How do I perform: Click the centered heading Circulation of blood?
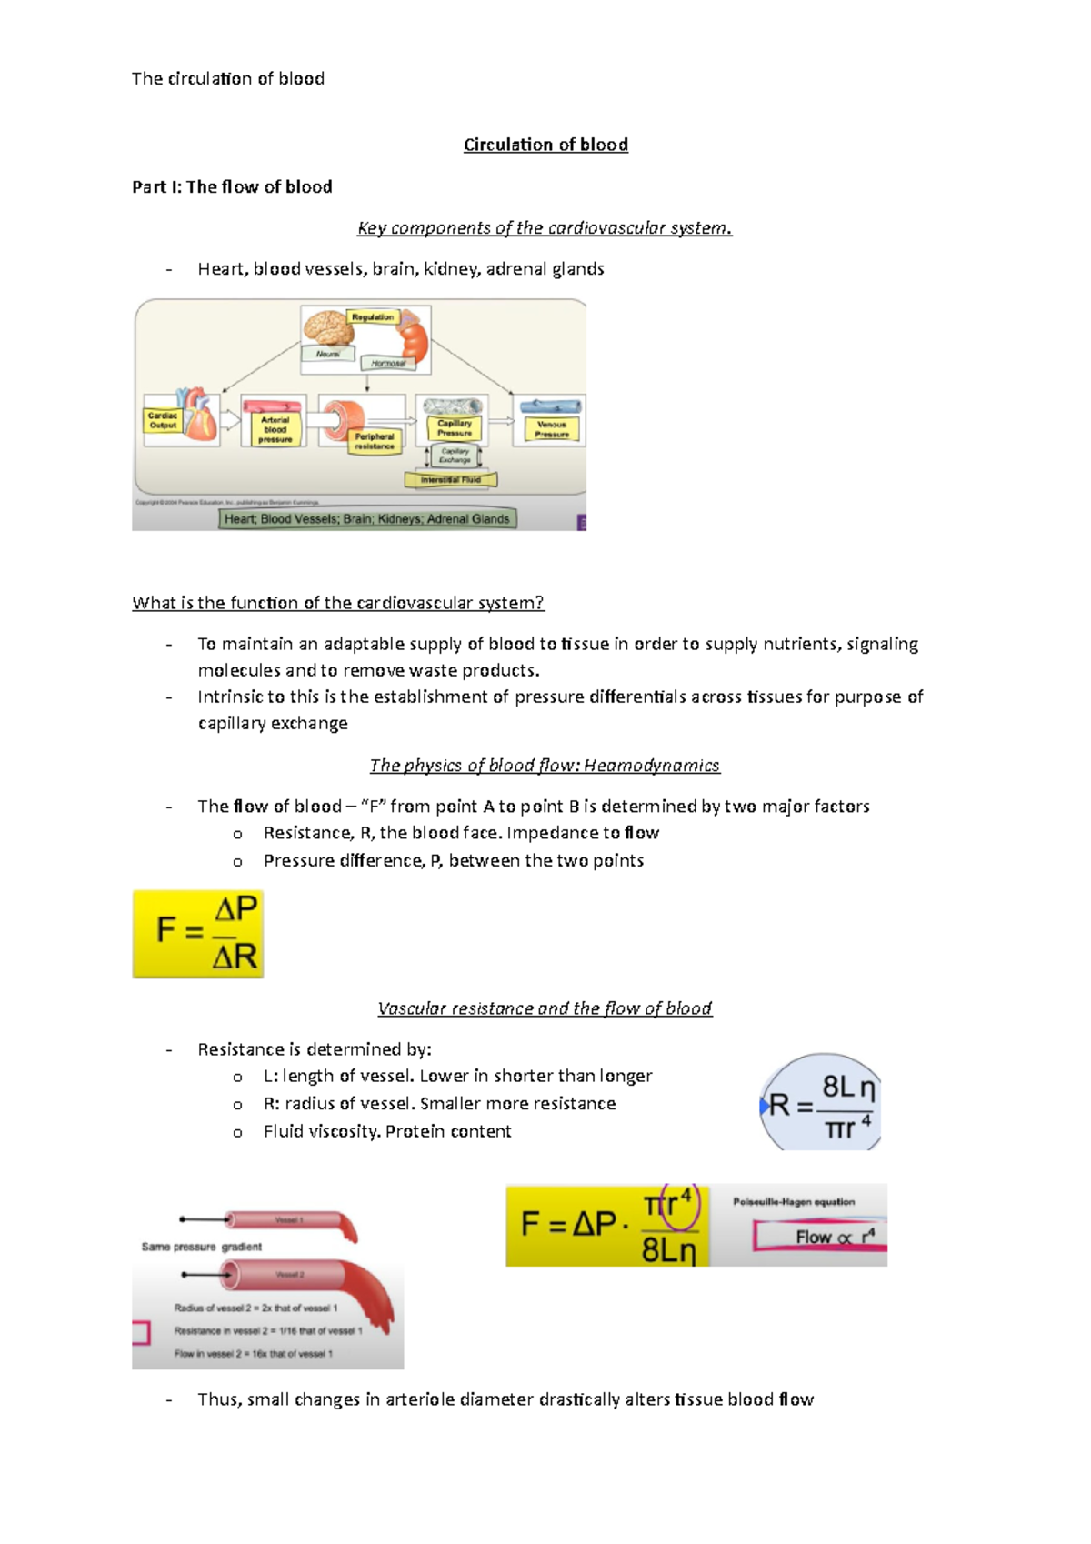point(545,145)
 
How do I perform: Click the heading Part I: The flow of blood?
point(232,186)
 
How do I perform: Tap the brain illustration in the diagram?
point(328,328)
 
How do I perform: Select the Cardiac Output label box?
point(163,420)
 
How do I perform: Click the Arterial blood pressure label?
point(275,429)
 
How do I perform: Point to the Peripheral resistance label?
point(375,441)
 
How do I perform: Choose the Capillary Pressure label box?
point(455,427)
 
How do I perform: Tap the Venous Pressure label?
point(551,429)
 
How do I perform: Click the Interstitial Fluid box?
point(451,479)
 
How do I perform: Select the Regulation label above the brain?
point(373,317)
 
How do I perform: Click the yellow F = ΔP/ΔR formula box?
point(198,934)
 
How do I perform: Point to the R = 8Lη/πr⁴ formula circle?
point(821,1103)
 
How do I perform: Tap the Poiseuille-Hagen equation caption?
point(794,1201)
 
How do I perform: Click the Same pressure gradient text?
point(202,1247)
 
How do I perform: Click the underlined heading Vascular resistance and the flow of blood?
point(545,1008)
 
